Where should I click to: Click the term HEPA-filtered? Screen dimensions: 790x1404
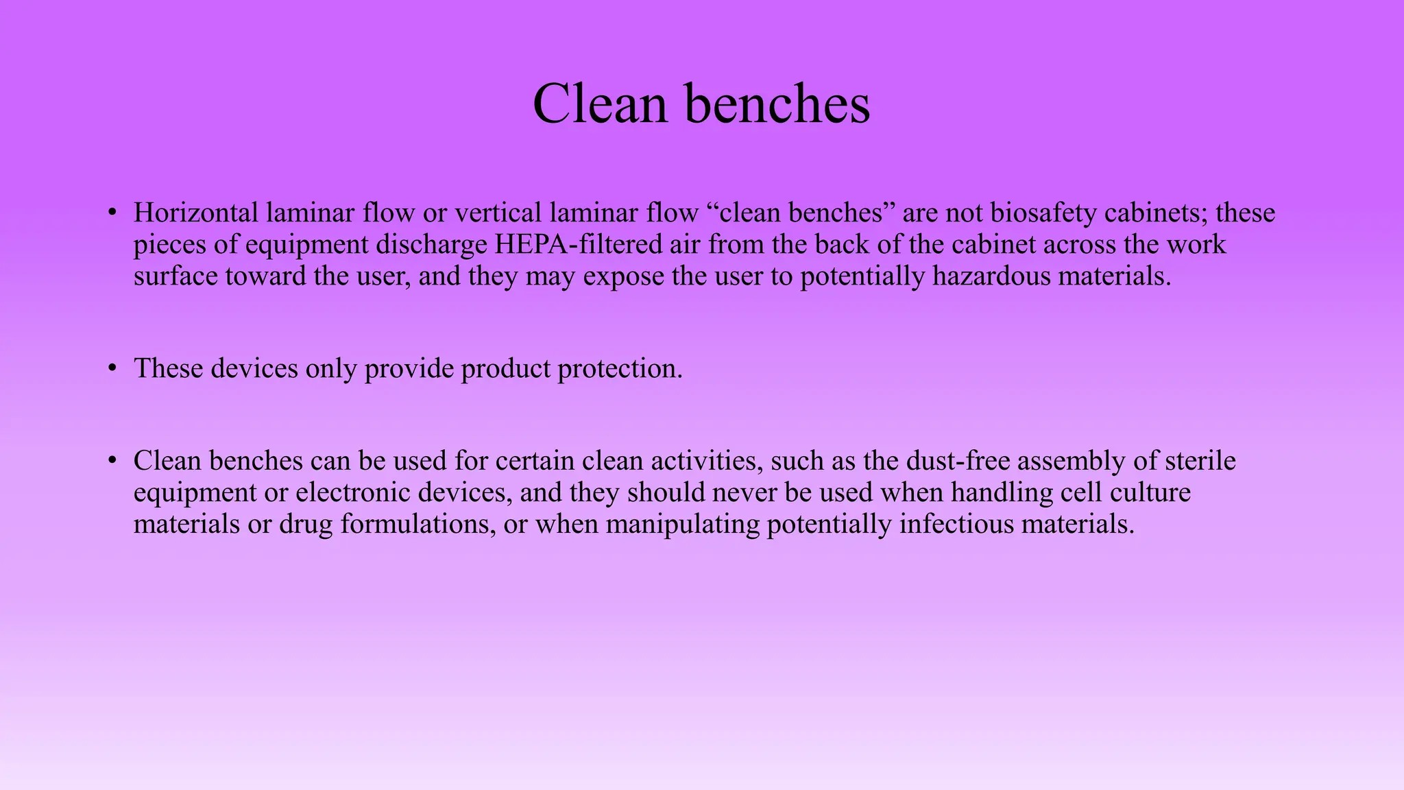coord(579,245)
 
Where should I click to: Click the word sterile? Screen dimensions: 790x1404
coord(1200,460)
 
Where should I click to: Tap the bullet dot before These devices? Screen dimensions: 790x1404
coord(112,368)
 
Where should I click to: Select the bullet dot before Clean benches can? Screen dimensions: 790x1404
coord(112,459)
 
